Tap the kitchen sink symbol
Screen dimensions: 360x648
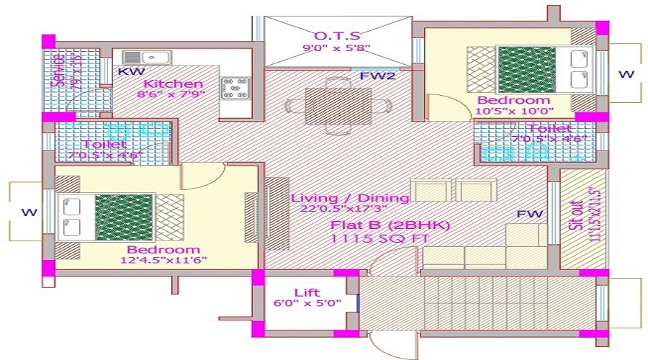145,57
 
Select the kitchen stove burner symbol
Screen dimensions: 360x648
235,87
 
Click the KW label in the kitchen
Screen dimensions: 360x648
130,72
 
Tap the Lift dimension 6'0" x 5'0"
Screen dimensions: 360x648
307,305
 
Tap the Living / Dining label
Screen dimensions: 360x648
350,198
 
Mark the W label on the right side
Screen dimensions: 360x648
626,74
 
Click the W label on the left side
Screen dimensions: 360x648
28,212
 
